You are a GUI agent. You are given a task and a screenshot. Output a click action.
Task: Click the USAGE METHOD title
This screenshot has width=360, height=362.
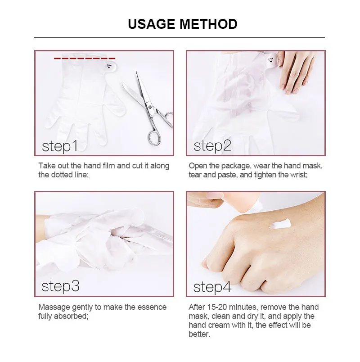[182, 23]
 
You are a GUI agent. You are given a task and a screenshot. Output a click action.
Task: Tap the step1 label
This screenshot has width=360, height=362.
[60, 146]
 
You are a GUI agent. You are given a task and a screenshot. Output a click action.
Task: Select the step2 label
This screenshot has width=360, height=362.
[212, 146]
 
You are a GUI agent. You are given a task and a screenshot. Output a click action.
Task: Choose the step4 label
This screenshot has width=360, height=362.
[213, 286]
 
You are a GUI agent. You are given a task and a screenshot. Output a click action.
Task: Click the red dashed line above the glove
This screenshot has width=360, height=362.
[85, 59]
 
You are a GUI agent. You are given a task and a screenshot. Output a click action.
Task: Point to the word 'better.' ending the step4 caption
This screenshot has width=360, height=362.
[199, 334]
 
